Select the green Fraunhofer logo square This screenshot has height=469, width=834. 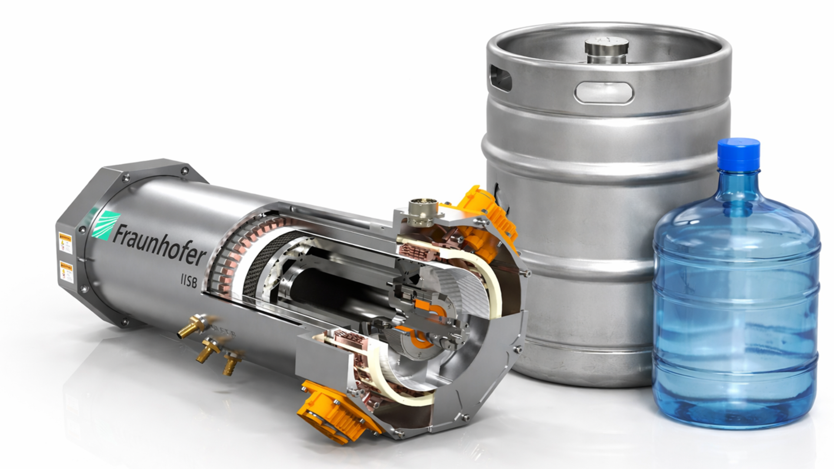(106, 225)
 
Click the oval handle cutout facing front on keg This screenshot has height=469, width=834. (604, 92)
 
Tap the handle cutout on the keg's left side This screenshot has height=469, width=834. (500, 78)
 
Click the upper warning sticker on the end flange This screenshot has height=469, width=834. (65, 243)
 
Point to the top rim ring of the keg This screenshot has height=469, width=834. (608, 30)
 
